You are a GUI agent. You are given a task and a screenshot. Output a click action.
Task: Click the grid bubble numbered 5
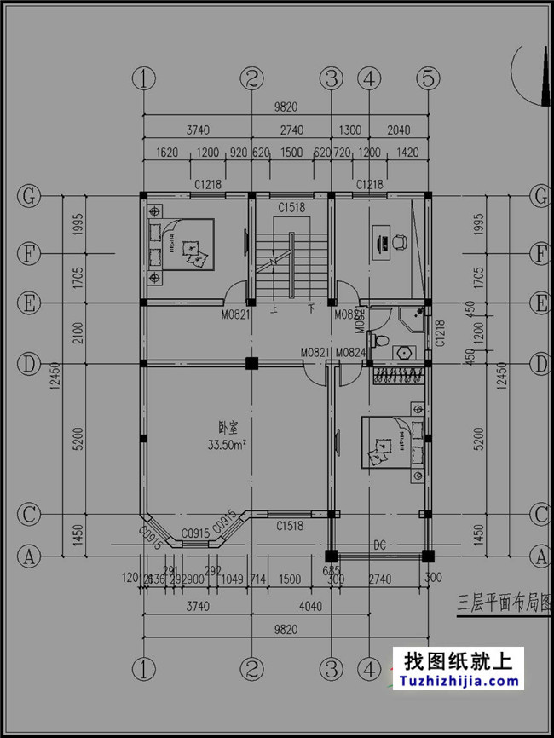coord(428,78)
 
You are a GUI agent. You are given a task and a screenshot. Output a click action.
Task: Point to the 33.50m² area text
coord(227,445)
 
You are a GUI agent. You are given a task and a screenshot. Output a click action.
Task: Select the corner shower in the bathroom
coord(413,317)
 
